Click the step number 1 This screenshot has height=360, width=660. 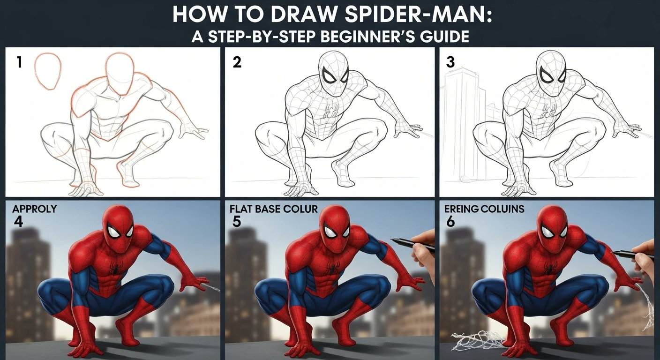(x=19, y=62)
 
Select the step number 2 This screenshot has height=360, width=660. (x=237, y=62)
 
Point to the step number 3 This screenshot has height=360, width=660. (x=450, y=62)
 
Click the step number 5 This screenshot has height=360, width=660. (x=236, y=221)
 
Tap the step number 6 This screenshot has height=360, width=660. (x=450, y=221)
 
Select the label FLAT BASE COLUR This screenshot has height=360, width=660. (x=274, y=209)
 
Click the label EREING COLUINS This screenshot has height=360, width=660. (x=484, y=209)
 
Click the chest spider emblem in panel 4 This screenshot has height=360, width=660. (x=113, y=269)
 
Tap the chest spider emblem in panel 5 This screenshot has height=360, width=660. (x=330, y=269)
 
